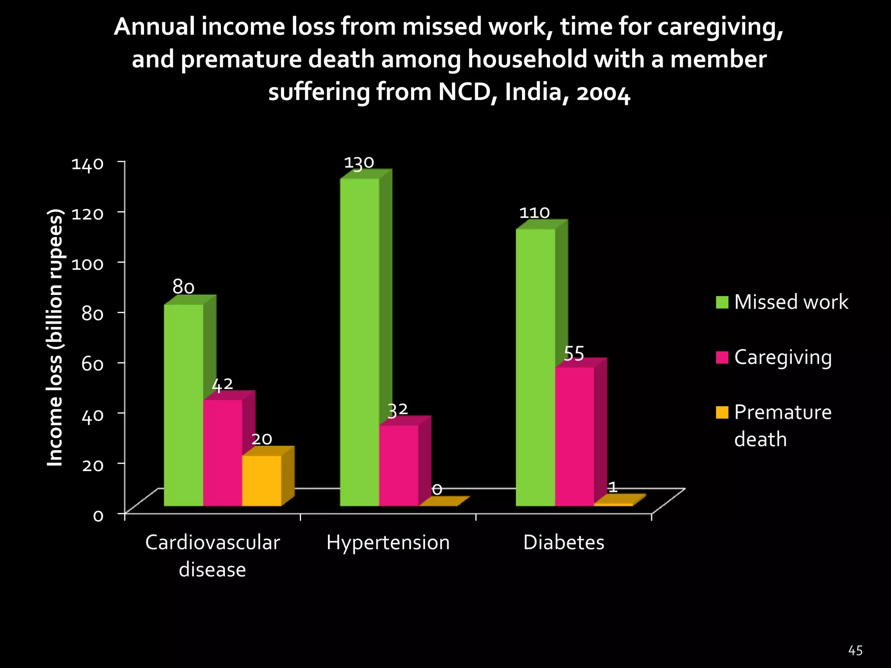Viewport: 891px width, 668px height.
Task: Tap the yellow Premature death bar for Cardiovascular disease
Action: pyautogui.click(x=261, y=481)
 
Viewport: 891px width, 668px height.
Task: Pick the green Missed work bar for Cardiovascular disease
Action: pyautogui.click(x=184, y=405)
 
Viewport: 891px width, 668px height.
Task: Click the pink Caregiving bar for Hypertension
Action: pyautogui.click(x=399, y=465)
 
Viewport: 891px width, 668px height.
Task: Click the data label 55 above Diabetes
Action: pyautogui.click(x=574, y=354)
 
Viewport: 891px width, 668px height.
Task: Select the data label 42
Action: pyautogui.click(x=222, y=384)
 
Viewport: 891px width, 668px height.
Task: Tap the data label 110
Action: pyautogui.click(x=534, y=213)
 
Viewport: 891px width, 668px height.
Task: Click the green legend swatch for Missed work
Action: pyautogui.click(x=722, y=302)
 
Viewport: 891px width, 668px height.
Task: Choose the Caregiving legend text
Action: pyautogui.click(x=783, y=357)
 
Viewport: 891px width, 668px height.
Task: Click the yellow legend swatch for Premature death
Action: pyautogui.click(x=722, y=412)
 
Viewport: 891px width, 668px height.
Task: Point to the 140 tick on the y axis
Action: pyautogui.click(x=87, y=164)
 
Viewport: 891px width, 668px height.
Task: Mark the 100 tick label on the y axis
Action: pyautogui.click(x=87, y=264)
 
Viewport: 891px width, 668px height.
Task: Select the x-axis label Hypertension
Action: pyautogui.click(x=388, y=543)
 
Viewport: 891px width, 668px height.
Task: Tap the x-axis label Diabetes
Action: pyautogui.click(x=564, y=543)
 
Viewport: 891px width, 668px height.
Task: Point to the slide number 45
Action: pyautogui.click(x=855, y=651)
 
